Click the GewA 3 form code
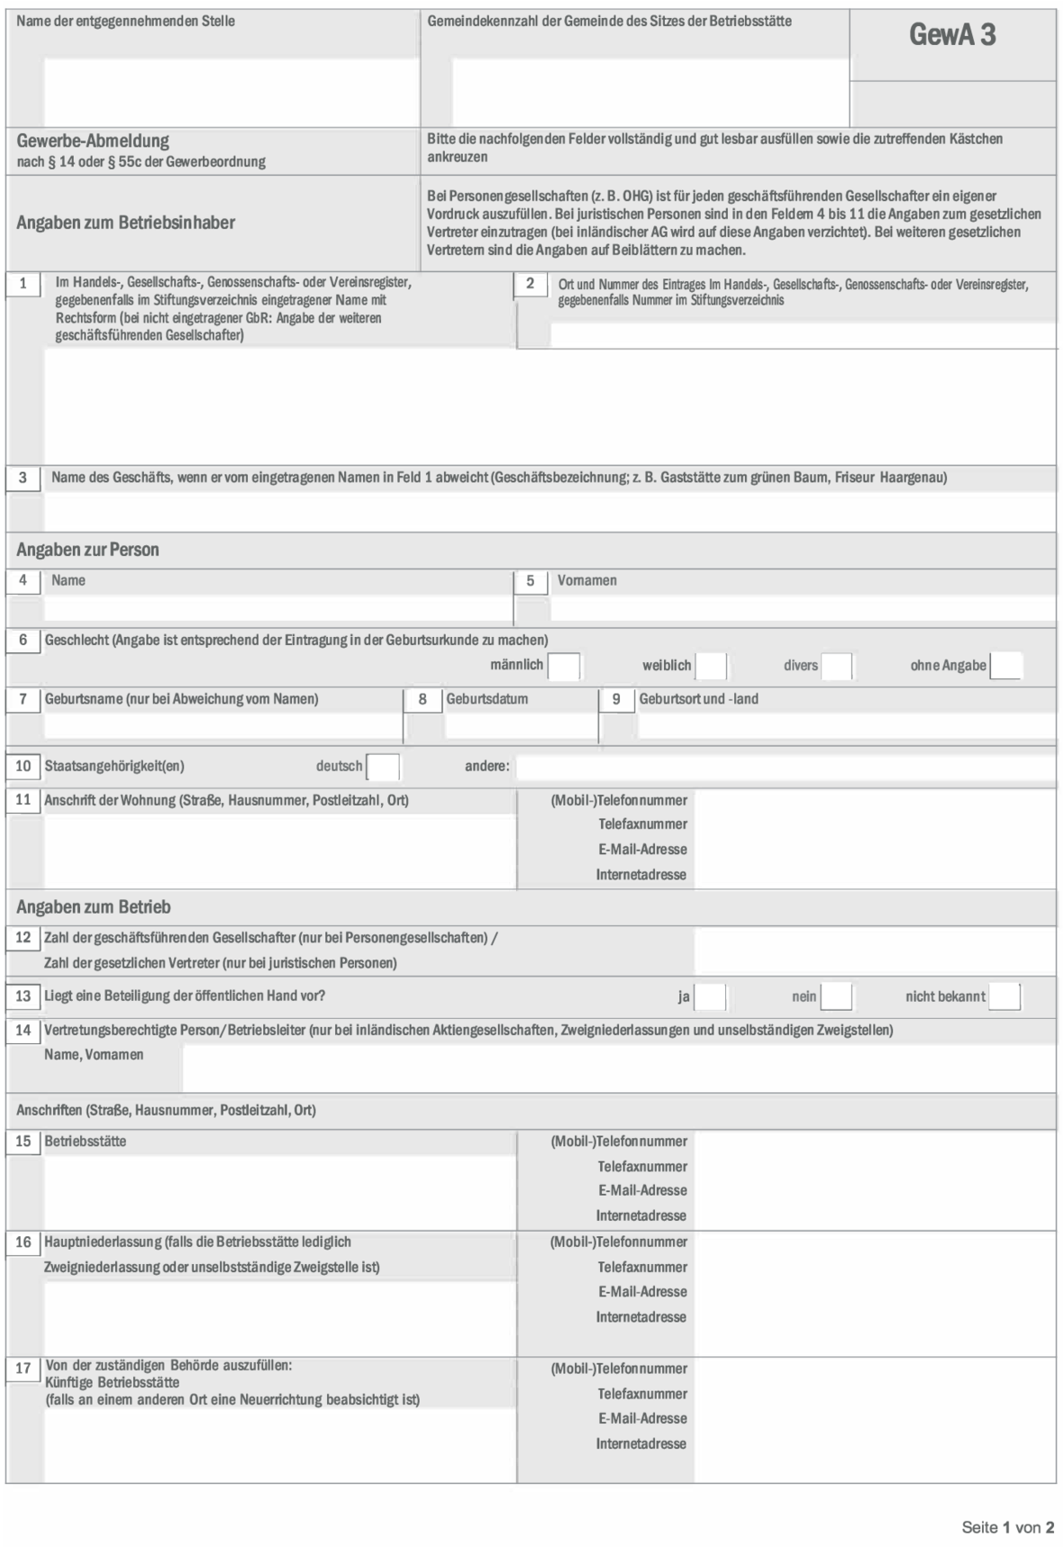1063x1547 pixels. (952, 35)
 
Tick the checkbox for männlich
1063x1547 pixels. (564, 667)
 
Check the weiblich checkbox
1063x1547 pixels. (711, 667)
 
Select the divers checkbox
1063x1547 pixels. (836, 667)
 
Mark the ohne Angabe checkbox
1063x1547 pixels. (1005, 667)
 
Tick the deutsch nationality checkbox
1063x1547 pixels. (383, 767)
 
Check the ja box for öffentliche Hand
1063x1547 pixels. (710, 996)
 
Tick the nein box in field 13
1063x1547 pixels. (836, 996)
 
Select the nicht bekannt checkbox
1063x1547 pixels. (1004, 996)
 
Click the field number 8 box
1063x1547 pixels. (422, 699)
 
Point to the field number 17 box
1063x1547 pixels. (23, 1369)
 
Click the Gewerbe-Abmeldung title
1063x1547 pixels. (93, 141)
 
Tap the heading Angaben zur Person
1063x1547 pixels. (87, 550)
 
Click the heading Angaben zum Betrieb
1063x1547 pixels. (93, 907)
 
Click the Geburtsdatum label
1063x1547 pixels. (486, 699)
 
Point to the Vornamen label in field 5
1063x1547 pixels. (586, 581)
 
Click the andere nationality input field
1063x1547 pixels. (784, 767)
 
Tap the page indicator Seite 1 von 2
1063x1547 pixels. (1007, 1527)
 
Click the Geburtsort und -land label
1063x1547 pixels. (698, 699)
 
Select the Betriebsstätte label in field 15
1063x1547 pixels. (86, 1142)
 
